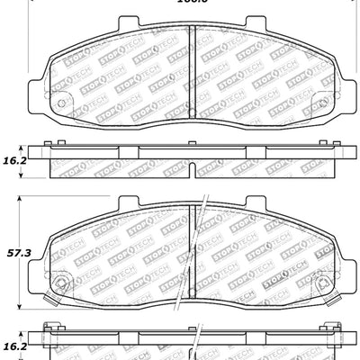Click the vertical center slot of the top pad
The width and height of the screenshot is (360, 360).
click(192, 72)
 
